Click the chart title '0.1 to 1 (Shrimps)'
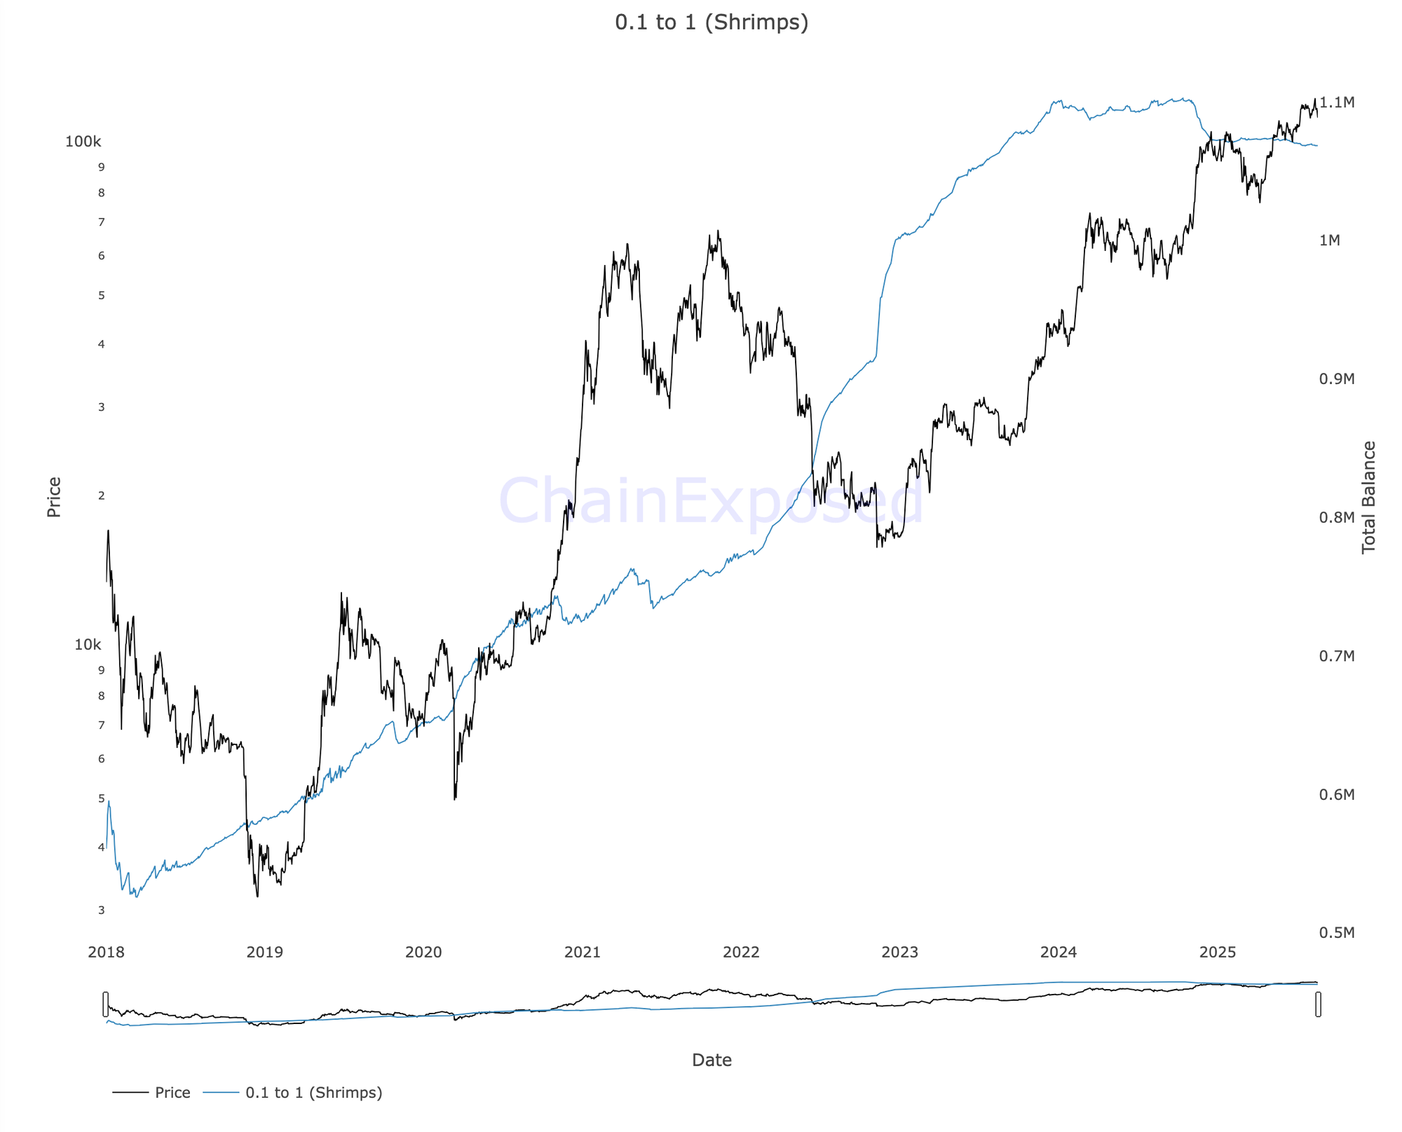711,22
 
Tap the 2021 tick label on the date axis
582,952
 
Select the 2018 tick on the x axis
106,952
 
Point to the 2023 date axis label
899,952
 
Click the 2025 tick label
1218,952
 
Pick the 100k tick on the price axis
83,142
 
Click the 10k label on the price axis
88,645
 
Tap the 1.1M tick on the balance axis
1337,103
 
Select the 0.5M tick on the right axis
1337,932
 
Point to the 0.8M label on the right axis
1337,517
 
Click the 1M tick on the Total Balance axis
1329,240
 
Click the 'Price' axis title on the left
54,497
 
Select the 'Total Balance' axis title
1368,497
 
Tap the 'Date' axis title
711,1060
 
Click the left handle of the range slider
106,1004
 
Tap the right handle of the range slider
1318,1004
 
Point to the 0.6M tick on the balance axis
1337,794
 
